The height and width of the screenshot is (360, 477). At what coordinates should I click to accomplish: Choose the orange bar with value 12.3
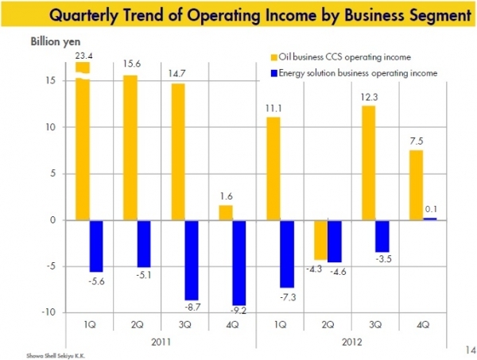pyautogui.click(x=370, y=163)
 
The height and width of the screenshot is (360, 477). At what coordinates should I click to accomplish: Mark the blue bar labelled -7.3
pyautogui.click(x=288, y=254)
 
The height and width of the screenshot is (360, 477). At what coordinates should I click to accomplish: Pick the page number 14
pyautogui.click(x=465, y=347)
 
